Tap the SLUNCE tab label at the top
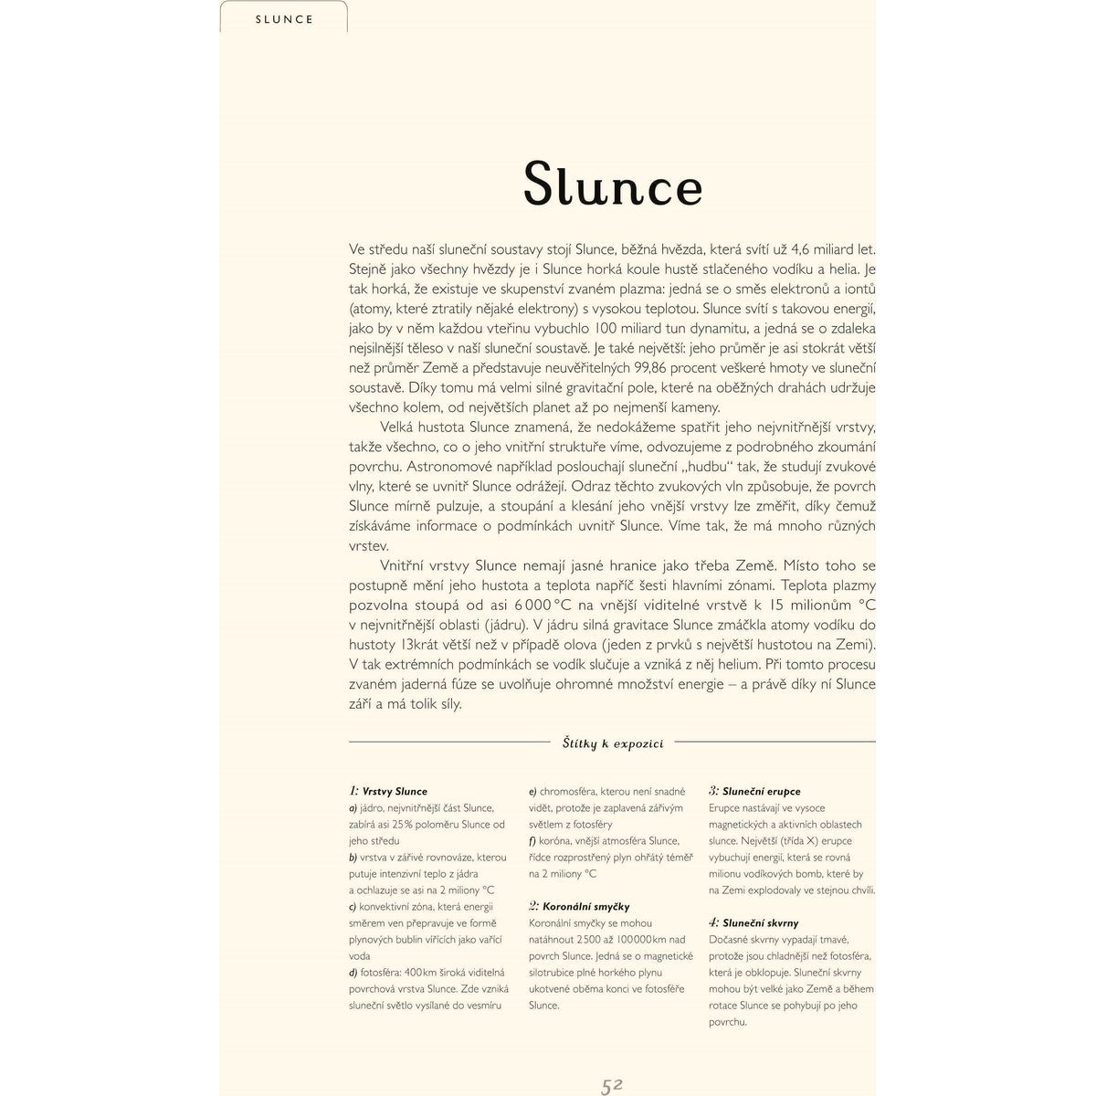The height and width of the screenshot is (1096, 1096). tap(284, 19)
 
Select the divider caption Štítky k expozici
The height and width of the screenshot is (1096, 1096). tap(613, 743)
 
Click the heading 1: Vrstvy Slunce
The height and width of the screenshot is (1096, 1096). tap(388, 791)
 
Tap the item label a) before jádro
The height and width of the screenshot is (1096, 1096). tap(353, 808)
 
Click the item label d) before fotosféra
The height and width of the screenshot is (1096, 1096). tap(353, 973)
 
